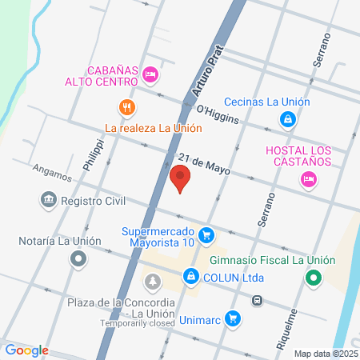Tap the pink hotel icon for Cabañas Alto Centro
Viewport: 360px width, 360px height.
150,75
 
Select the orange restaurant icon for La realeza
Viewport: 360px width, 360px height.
126,107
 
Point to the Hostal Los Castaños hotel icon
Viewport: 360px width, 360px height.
308,180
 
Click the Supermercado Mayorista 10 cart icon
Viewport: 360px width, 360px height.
206,235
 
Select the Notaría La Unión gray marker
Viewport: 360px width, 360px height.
78,258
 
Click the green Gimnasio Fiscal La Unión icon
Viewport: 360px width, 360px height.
314,278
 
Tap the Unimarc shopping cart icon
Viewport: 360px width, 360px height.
233,318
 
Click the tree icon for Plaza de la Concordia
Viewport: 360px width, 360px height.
152,281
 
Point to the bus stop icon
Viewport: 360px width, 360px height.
257,301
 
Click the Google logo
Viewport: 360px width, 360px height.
26,350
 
